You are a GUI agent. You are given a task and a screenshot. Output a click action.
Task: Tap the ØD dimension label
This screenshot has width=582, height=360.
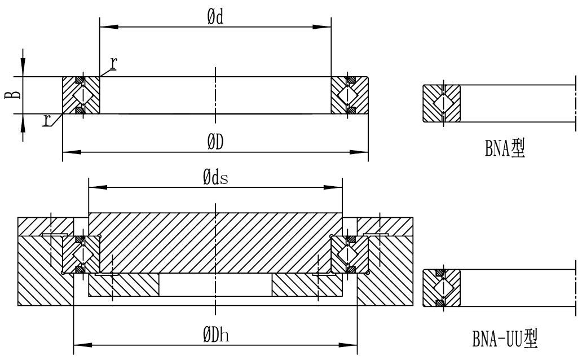pyautogui.click(x=214, y=143)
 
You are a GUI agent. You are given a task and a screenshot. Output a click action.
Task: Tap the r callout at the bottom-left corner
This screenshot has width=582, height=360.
pyautogui.click(x=46, y=120)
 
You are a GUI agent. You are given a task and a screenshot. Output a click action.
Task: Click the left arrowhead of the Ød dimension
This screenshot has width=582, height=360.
pyautogui.click(x=105, y=26)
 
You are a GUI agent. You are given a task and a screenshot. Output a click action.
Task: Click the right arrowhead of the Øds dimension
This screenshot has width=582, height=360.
pyautogui.click(x=337, y=186)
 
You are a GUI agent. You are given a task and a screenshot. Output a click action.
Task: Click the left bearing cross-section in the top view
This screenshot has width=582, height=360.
pyautogui.click(x=81, y=95)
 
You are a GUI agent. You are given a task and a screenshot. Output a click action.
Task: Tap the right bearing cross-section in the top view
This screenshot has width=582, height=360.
pyautogui.click(x=350, y=95)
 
